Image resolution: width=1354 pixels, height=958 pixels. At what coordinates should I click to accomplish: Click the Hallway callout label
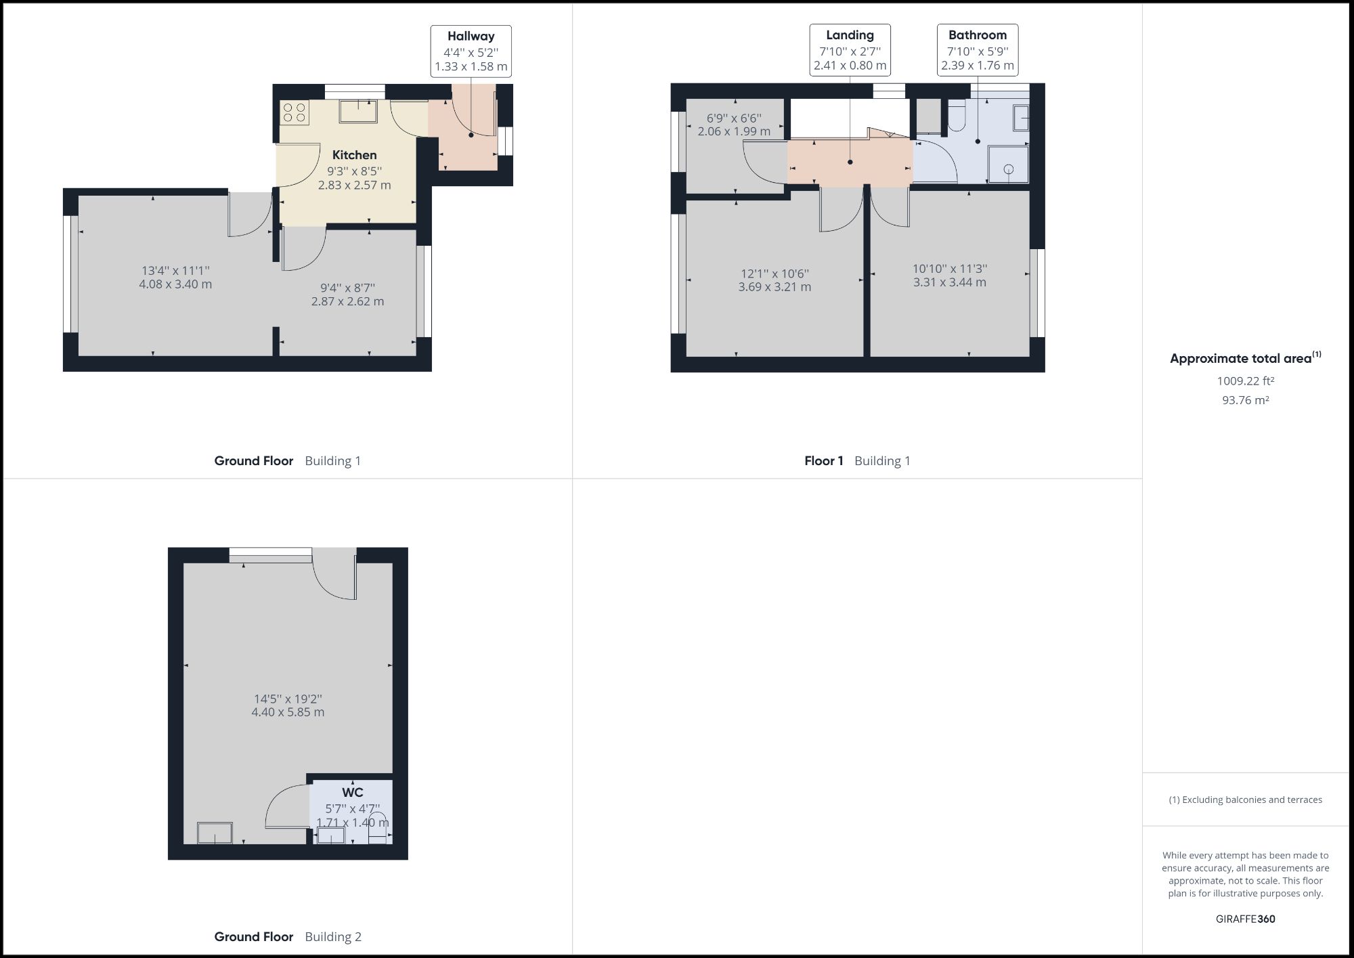(471, 37)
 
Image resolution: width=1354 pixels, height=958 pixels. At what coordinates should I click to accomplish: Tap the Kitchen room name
(354, 155)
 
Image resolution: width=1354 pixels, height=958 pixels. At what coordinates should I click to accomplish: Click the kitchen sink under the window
(358, 112)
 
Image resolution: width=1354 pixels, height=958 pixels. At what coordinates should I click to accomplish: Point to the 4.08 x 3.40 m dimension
(175, 284)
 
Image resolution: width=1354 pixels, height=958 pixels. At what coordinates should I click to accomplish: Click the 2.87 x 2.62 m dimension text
(347, 301)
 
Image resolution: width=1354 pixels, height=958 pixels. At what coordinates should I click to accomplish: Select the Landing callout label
(850, 35)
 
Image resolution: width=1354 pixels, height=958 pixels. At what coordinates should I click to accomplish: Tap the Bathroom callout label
(977, 35)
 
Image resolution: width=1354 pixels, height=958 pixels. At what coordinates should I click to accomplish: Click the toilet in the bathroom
(956, 116)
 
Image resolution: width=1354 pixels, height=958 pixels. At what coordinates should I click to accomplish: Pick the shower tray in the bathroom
(1008, 165)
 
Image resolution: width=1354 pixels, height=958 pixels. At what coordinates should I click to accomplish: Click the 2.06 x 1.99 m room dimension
(734, 131)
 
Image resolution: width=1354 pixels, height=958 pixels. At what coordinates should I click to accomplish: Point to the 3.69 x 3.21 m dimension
(774, 287)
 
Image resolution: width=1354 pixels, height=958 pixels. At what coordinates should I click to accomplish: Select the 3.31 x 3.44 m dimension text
(949, 282)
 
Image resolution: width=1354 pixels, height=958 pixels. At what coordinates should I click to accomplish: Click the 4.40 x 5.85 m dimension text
(288, 712)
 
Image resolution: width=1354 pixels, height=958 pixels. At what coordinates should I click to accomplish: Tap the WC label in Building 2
(352, 792)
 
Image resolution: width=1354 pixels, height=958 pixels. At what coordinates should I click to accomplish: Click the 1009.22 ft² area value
(1245, 381)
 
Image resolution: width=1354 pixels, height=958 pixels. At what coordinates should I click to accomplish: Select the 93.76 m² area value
(1245, 400)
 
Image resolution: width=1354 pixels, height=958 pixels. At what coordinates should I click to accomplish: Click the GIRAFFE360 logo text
(1245, 919)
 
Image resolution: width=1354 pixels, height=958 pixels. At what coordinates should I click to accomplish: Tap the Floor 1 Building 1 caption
(856, 461)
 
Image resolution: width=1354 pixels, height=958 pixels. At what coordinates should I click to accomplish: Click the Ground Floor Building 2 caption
(288, 937)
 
